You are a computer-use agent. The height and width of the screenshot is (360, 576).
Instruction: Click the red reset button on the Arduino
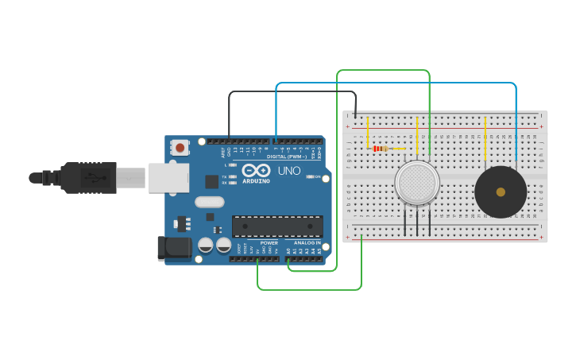point(180,147)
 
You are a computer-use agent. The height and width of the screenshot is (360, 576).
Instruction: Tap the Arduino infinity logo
point(257,170)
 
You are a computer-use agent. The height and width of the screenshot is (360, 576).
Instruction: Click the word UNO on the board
point(288,170)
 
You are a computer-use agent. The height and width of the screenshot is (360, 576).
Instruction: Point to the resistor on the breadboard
point(380,148)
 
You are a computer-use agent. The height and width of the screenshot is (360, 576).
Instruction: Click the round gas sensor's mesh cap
point(417,183)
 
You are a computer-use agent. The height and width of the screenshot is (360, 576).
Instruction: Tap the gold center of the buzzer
point(501,192)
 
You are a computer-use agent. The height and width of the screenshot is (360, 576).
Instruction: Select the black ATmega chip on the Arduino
point(277,226)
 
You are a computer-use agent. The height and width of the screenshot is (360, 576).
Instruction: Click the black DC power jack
point(175,248)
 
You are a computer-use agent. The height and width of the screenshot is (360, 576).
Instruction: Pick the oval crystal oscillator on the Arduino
point(209,202)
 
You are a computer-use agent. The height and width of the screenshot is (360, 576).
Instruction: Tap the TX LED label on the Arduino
point(225,176)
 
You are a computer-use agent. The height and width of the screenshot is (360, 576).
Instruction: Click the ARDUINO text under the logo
point(257,180)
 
